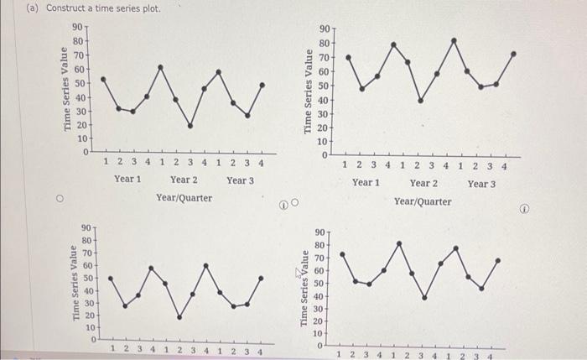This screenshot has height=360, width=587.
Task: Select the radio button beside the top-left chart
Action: (x=60, y=200)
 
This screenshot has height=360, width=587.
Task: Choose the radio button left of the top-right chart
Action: (x=294, y=202)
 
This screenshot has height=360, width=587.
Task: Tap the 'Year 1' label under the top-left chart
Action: (x=127, y=180)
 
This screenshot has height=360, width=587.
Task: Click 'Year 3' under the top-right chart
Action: (x=481, y=183)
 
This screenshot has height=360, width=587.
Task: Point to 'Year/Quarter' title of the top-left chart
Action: (x=184, y=198)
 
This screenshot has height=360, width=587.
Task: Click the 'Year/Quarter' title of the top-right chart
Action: (x=423, y=201)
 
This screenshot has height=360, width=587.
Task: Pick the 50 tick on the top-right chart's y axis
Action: (x=323, y=86)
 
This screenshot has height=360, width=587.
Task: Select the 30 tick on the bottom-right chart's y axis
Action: (x=319, y=310)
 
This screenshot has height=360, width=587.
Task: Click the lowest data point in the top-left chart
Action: (x=190, y=126)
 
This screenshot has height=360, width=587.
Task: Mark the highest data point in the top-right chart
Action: (x=455, y=39)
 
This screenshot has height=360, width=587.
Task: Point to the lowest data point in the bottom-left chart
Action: (x=179, y=317)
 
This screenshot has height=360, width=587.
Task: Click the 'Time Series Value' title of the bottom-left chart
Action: (x=76, y=282)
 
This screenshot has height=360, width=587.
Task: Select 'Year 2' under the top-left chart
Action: (x=184, y=180)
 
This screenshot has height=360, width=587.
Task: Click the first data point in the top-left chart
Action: (x=103, y=79)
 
